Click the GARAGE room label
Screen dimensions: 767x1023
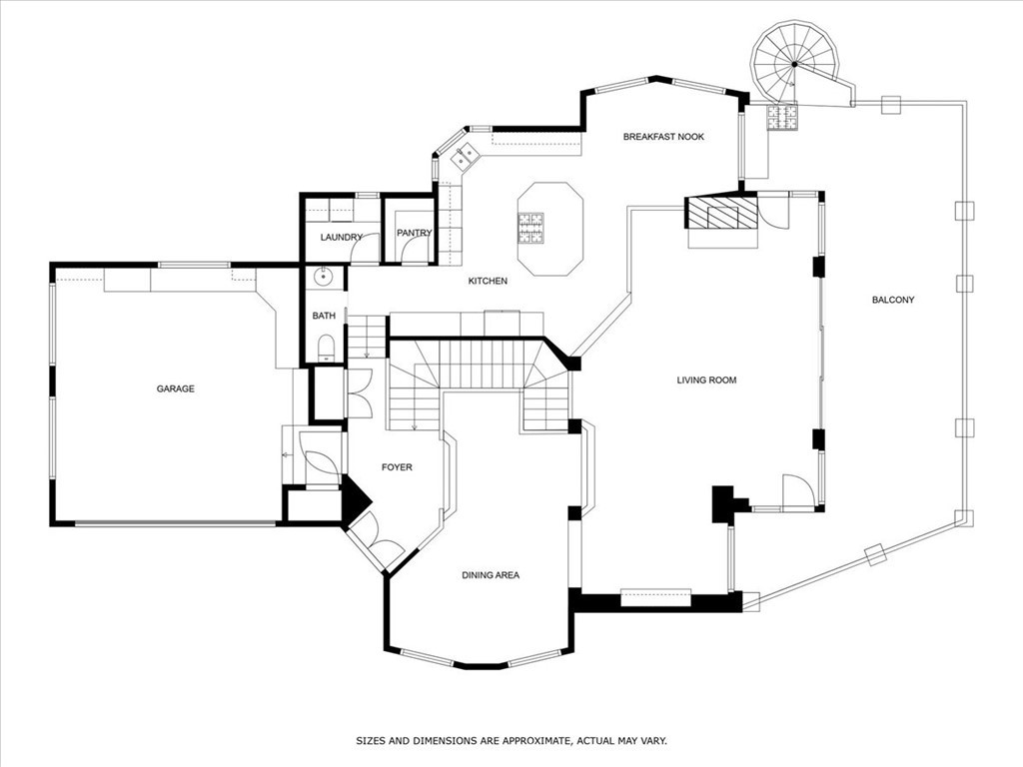[x=175, y=388]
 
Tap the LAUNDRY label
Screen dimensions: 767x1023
[x=341, y=237]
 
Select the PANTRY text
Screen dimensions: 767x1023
[x=414, y=233]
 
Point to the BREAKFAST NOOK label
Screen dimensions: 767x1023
[x=663, y=137]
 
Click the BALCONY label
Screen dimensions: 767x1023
[x=892, y=300]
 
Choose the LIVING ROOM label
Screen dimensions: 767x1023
[x=706, y=380]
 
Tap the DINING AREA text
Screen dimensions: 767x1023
[x=490, y=575]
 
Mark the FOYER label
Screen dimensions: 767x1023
[x=397, y=466]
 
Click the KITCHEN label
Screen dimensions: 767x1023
[x=488, y=281]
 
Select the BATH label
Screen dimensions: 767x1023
[x=324, y=316]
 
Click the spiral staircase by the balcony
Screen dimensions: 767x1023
[x=794, y=64]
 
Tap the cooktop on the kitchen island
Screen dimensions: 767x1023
[x=530, y=228]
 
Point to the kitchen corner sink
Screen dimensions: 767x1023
[x=464, y=157]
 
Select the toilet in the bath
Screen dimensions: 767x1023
[x=325, y=348]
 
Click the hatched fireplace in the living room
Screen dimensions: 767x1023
[x=720, y=213]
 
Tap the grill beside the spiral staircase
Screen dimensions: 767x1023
[x=782, y=117]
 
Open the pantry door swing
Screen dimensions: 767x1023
[x=415, y=251]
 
